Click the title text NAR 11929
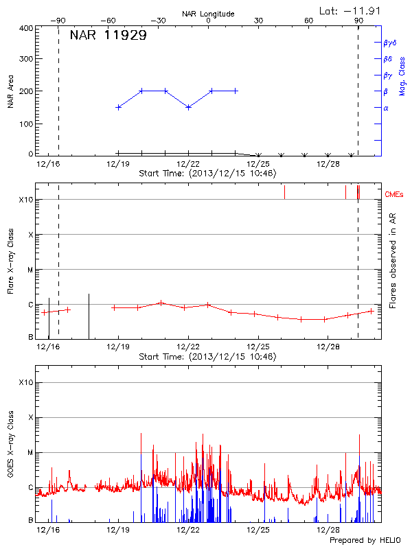pos(108,36)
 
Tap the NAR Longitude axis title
pos(208,14)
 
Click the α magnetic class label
pos(386,108)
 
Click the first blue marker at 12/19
pos(119,107)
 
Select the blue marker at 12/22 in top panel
pos(188,107)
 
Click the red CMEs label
pos(394,195)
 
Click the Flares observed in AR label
pos(392,261)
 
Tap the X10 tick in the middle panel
pos(26,200)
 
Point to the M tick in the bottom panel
pos(30,452)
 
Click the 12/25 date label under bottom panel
pos(259,530)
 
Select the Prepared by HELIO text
pos(364,541)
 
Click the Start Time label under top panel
pos(207,174)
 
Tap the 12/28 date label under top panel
pos(329,164)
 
